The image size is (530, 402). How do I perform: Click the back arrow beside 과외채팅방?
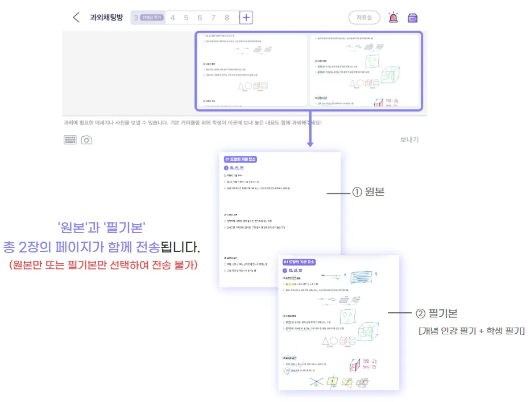pyautogui.click(x=76, y=17)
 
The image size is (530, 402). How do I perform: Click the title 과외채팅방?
pyautogui.click(x=106, y=17)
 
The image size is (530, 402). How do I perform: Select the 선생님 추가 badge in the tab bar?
pyautogui.click(x=151, y=18)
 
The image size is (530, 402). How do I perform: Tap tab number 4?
pyautogui.click(x=172, y=18)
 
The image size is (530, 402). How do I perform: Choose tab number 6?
pyautogui.click(x=200, y=18)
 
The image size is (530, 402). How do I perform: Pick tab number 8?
pyautogui.click(x=227, y=18)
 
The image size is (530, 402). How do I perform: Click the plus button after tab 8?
pyautogui.click(x=246, y=18)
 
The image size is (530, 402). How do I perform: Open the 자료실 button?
pyautogui.click(x=364, y=18)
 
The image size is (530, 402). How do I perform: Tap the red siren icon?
pyautogui.click(x=393, y=18)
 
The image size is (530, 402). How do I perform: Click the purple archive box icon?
pyautogui.click(x=413, y=18)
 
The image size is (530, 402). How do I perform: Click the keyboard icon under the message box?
pyautogui.click(x=70, y=139)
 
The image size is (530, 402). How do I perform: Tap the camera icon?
pyautogui.click(x=86, y=139)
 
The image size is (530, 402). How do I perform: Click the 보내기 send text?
pyautogui.click(x=409, y=139)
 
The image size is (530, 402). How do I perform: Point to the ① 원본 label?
pyautogui.click(x=368, y=192)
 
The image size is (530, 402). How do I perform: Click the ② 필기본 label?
pyautogui.click(x=436, y=313)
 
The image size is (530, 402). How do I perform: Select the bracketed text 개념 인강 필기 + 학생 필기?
pyautogui.click(x=471, y=330)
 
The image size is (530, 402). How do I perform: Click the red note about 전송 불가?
pyautogui.click(x=103, y=265)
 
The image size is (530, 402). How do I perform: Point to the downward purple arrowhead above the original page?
pyautogui.click(x=310, y=144)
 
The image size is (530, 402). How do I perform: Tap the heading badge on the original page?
pyautogui.click(x=241, y=160)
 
